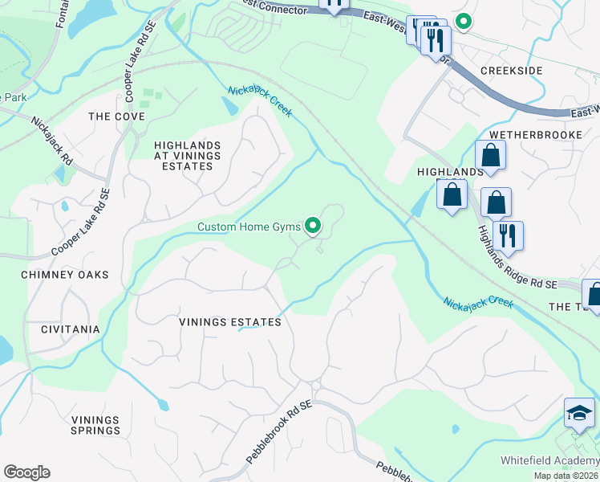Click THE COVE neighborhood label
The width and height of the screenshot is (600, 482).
pyautogui.click(x=116, y=116)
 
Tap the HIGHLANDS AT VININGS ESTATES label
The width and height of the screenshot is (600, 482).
pyautogui.click(x=184, y=155)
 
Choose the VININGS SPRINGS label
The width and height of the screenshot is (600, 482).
pyautogui.click(x=95, y=425)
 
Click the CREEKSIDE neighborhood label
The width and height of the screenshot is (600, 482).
pyautogui.click(x=511, y=71)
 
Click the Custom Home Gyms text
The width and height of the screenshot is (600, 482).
pyautogui.click(x=249, y=227)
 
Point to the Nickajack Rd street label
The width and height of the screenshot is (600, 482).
pyautogui.click(x=51, y=141)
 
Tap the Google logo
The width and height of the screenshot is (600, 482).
pyautogui.click(x=26, y=472)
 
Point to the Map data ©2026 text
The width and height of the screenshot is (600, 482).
pyautogui.click(x=566, y=476)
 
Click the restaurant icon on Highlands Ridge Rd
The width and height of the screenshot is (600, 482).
pyautogui.click(x=508, y=235)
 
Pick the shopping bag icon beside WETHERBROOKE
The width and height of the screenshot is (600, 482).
pyautogui.click(x=490, y=154)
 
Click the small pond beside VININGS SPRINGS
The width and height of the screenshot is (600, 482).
pyautogui.click(x=164, y=404)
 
